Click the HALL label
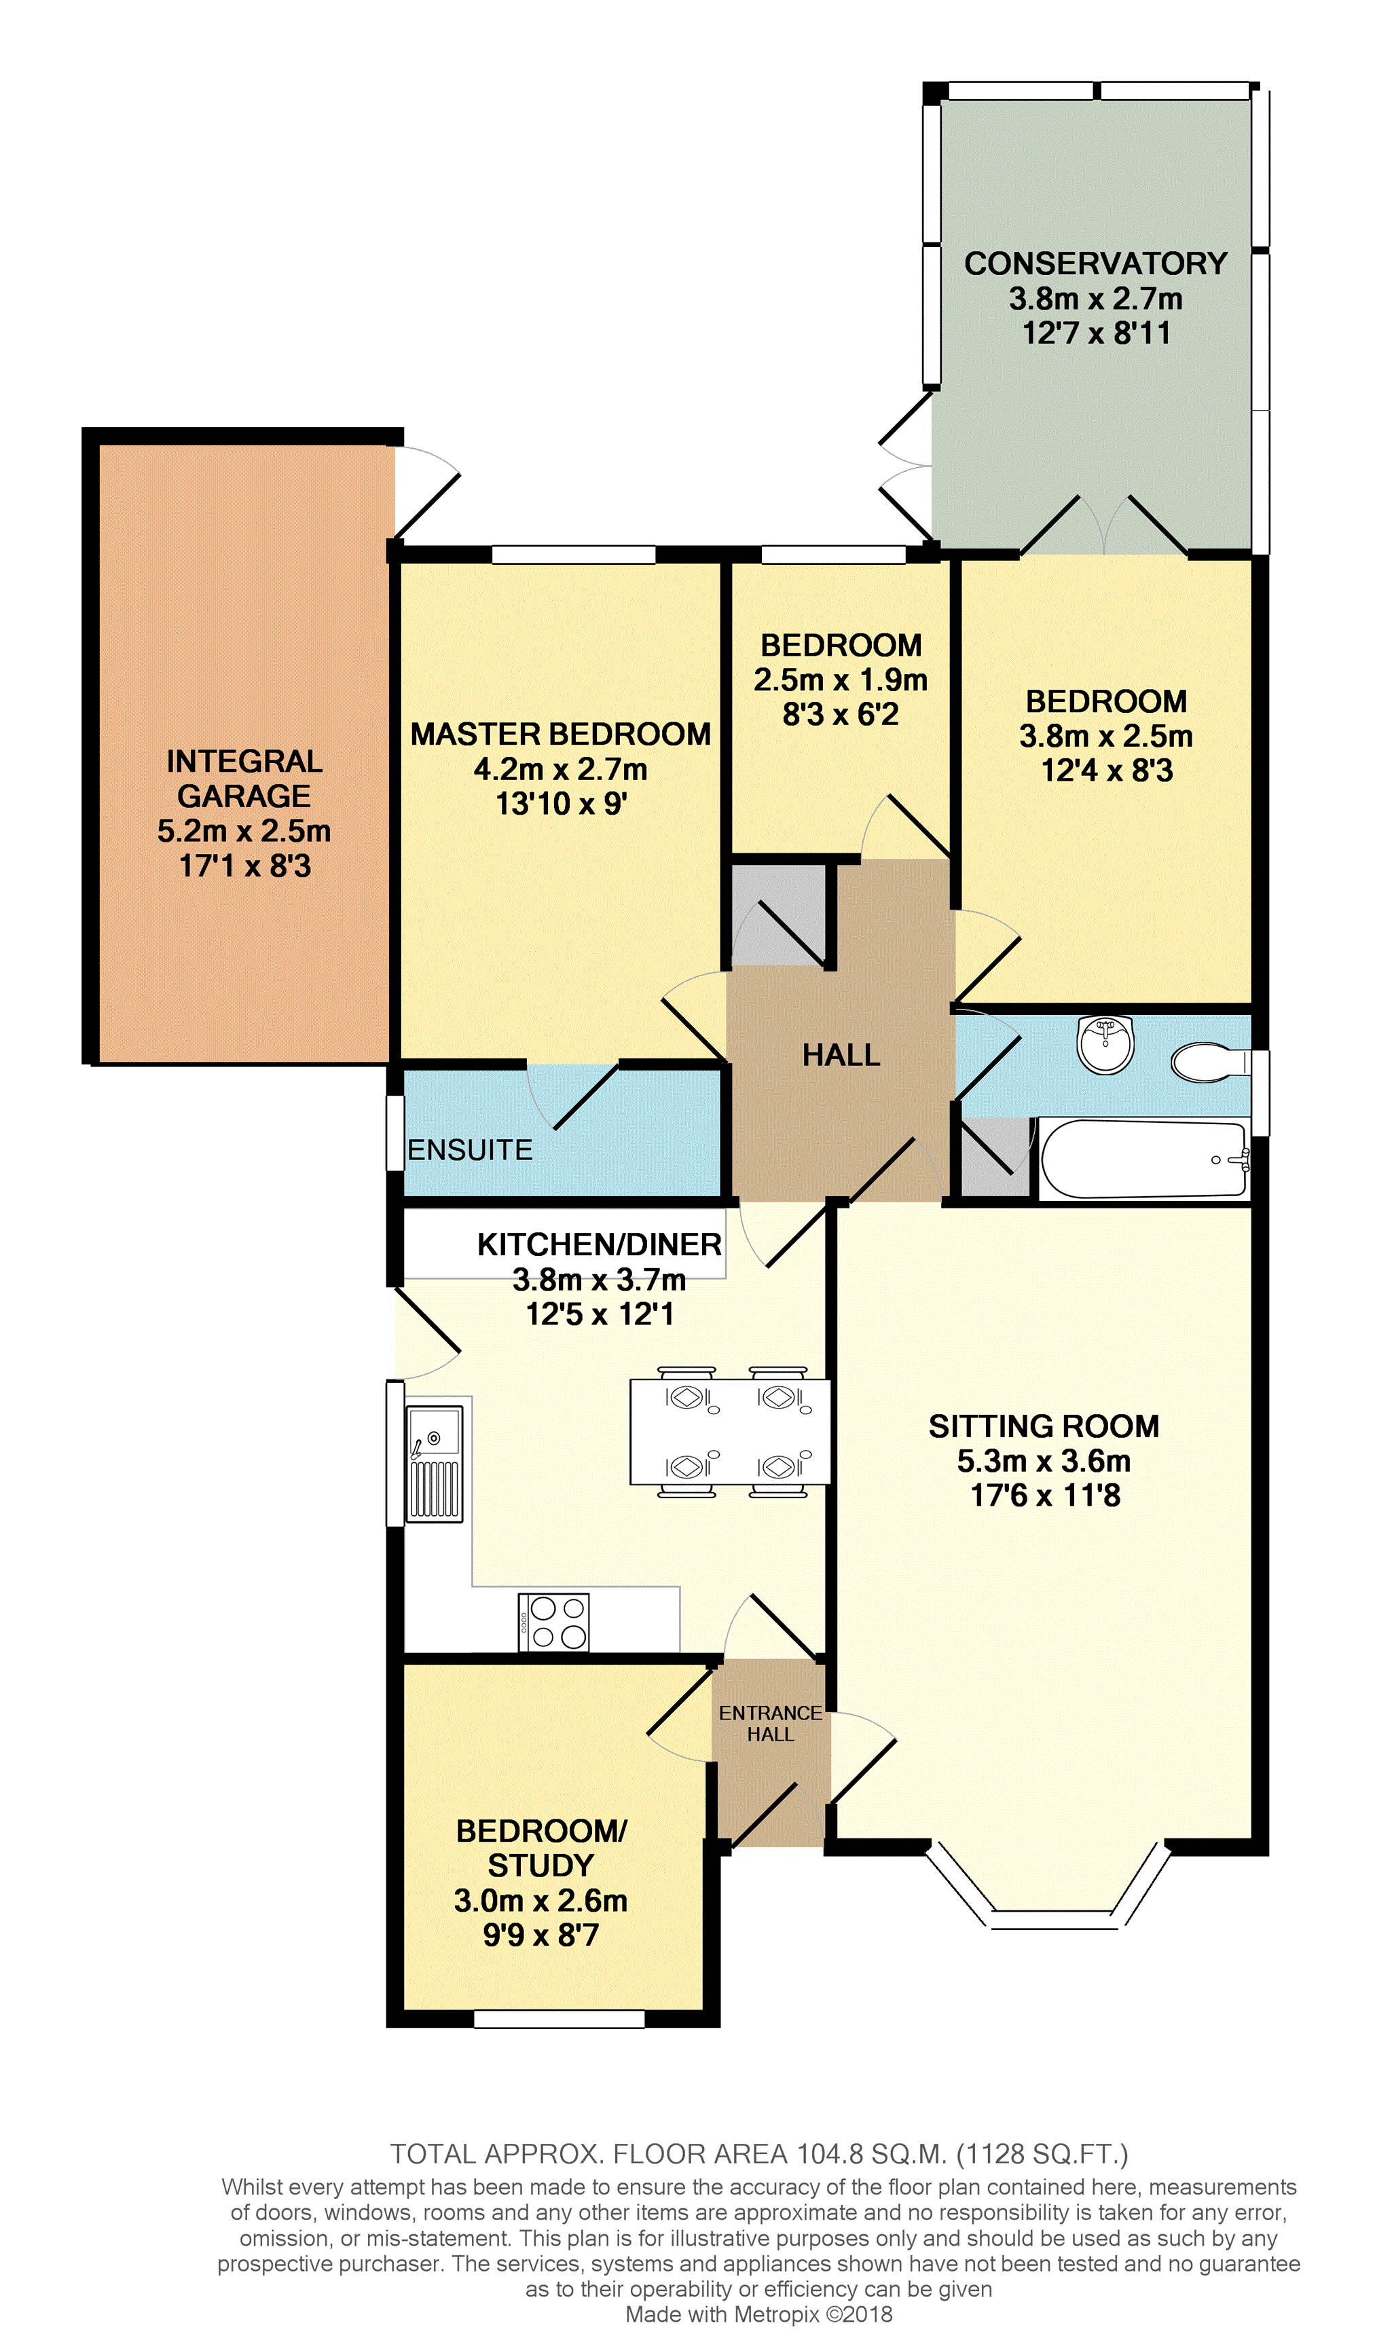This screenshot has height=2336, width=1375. click(841, 1055)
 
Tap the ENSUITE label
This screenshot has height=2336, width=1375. click(470, 1151)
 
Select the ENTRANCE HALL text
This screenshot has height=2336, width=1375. click(771, 1723)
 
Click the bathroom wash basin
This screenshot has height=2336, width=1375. click(1105, 1044)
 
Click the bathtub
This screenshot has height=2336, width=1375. click(1144, 1160)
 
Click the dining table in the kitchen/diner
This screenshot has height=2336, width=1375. click(730, 1432)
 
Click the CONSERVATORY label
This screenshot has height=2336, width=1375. click(1096, 263)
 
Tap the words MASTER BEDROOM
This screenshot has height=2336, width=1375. click(561, 734)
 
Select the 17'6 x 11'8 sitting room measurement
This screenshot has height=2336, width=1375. click(1045, 1496)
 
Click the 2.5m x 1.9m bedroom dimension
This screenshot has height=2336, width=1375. click(841, 680)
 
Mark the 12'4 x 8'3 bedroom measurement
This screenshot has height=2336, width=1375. click(1107, 771)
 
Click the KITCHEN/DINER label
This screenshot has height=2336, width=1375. click(599, 1244)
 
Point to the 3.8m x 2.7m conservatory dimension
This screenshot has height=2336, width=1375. click(1096, 299)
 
